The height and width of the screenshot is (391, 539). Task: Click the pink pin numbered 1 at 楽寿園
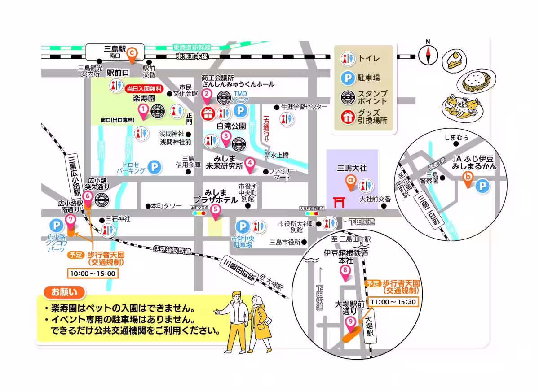[143, 111]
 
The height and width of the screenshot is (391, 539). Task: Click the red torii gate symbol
[340, 202]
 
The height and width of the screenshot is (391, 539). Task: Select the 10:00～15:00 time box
[92, 274]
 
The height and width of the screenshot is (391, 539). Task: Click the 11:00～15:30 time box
[393, 302]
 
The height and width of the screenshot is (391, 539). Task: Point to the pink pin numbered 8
[345, 273]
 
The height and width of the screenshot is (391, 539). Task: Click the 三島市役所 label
[285, 243]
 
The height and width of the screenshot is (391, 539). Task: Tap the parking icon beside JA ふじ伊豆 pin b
[482, 186]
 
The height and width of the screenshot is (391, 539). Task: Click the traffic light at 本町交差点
[199, 213]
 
